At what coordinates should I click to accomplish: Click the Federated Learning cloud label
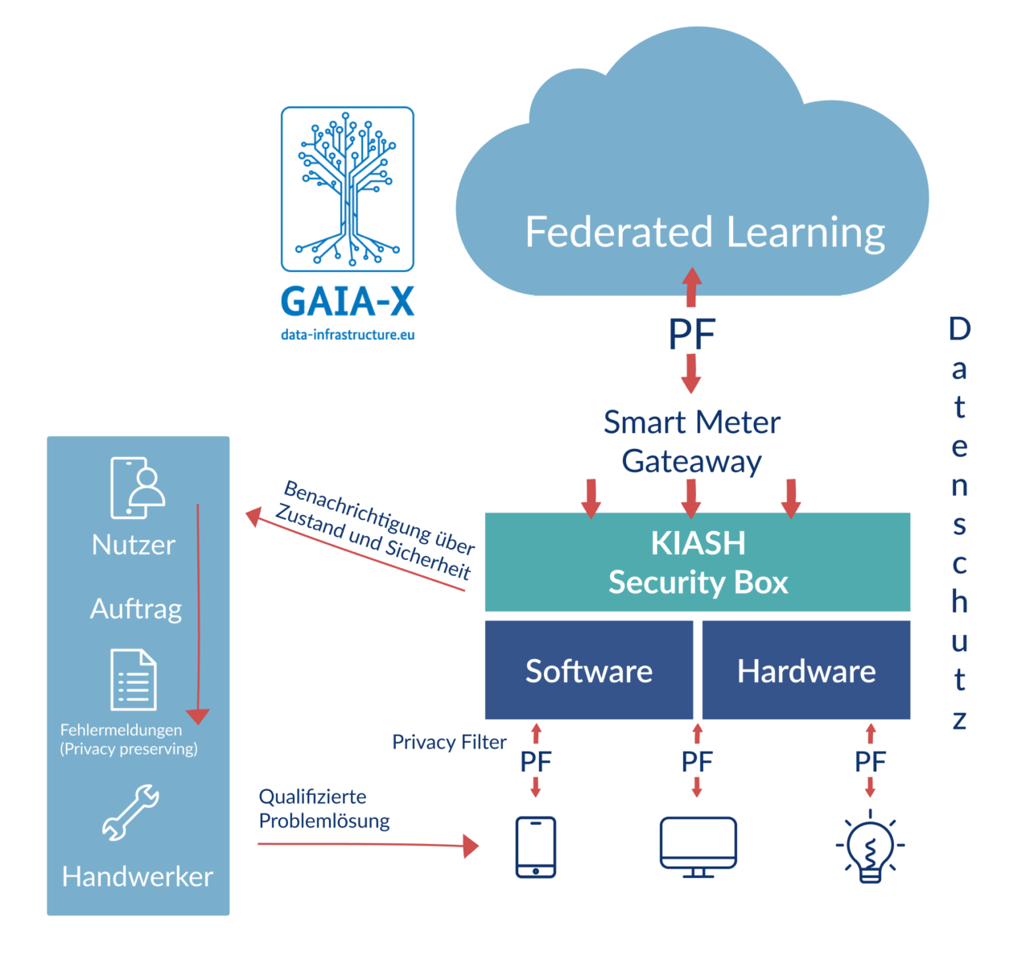pyautogui.click(x=705, y=233)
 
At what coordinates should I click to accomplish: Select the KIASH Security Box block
pyautogui.click(x=698, y=562)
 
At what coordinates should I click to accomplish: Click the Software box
pyautogui.click(x=588, y=670)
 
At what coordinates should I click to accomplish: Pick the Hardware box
pyautogui.click(x=806, y=670)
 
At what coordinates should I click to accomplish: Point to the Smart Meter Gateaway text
pyautogui.click(x=692, y=442)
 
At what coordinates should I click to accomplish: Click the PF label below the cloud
pyautogui.click(x=691, y=335)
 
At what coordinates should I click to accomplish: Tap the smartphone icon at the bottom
pyautogui.click(x=535, y=846)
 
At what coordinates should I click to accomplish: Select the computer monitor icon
pyautogui.click(x=698, y=846)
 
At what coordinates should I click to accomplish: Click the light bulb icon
pyautogui.click(x=870, y=850)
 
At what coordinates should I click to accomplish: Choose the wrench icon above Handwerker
pyautogui.click(x=130, y=813)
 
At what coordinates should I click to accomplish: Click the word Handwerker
pyautogui.click(x=138, y=876)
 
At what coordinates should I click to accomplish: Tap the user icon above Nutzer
pyautogui.click(x=137, y=488)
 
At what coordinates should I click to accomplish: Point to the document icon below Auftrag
pyautogui.click(x=134, y=680)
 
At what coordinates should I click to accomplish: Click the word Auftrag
pyautogui.click(x=136, y=608)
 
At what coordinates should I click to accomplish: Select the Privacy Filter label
pyautogui.click(x=449, y=742)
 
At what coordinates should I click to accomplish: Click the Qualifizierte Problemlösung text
pyautogui.click(x=323, y=809)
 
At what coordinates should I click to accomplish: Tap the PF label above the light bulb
pyautogui.click(x=870, y=761)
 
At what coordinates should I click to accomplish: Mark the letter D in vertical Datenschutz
pyautogui.click(x=959, y=328)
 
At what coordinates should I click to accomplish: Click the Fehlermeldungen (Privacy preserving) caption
pyautogui.click(x=129, y=739)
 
